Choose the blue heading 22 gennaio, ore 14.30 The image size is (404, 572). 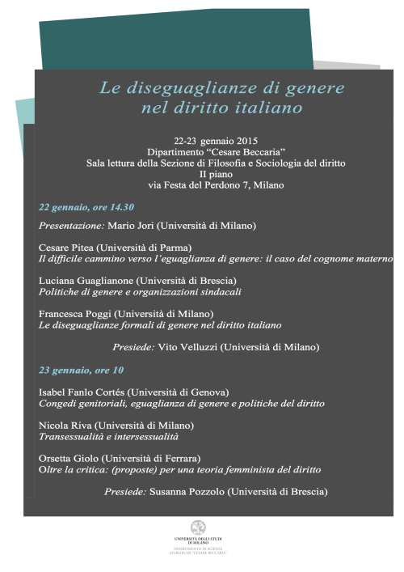pyautogui.click(x=86, y=206)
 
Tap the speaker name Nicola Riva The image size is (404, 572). pyautogui.click(x=65, y=425)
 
